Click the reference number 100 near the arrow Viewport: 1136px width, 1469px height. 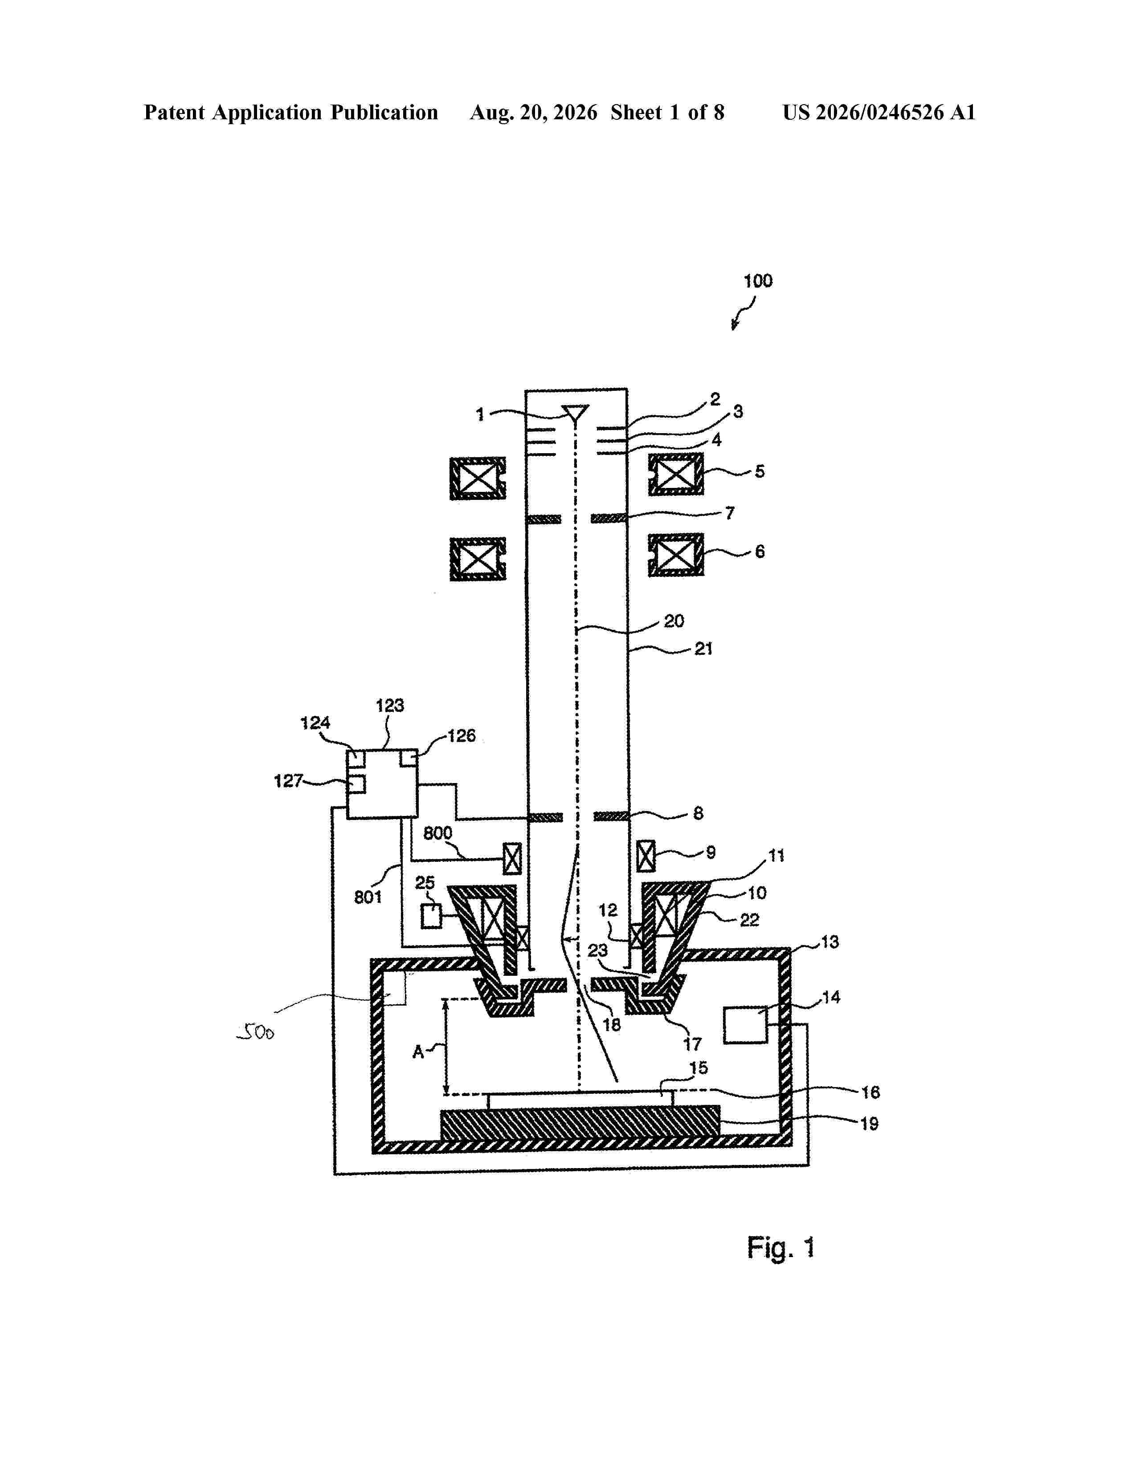758,281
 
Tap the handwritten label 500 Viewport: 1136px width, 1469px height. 256,1032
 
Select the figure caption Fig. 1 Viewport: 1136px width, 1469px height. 780,1248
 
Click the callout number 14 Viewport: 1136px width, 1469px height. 831,997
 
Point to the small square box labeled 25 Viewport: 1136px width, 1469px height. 431,917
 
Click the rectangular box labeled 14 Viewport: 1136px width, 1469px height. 745,1024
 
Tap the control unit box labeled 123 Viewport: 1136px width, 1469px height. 382,783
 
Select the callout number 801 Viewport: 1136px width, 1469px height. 368,897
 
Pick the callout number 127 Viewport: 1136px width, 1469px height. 288,781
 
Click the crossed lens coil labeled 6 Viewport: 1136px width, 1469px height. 676,556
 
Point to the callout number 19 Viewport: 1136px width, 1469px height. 870,1124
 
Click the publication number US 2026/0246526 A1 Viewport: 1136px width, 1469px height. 879,112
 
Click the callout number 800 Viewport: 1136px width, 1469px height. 437,833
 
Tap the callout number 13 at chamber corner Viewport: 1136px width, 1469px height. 830,941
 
